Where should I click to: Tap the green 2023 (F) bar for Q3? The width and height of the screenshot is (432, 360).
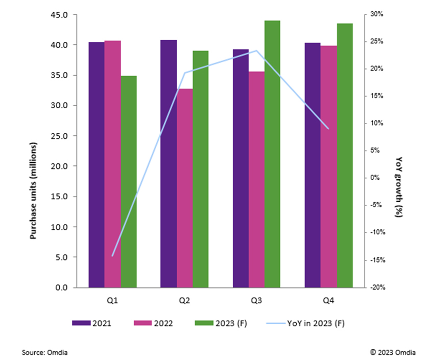click(x=272, y=154)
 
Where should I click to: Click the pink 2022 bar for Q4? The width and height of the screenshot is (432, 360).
click(x=328, y=166)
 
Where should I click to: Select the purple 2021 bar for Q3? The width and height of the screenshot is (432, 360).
click(x=241, y=168)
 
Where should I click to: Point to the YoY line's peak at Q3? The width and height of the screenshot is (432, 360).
click(x=256, y=51)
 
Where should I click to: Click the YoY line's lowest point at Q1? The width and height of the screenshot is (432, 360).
click(x=112, y=255)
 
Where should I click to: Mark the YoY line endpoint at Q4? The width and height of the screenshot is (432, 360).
click(x=328, y=129)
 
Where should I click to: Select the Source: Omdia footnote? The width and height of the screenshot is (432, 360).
click(x=45, y=352)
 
